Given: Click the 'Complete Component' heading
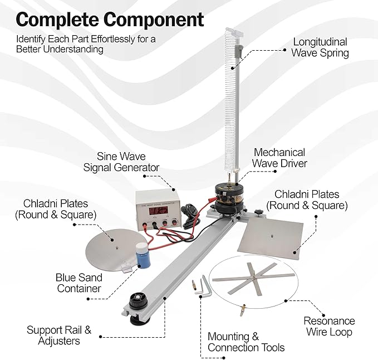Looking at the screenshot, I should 110,20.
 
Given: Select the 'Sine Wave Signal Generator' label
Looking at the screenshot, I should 121,162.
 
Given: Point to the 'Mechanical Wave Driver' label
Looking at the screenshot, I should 279,158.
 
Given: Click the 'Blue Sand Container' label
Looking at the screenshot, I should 78,283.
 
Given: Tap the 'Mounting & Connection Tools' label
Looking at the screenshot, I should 246,342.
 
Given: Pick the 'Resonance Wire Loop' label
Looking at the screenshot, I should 329,327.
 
